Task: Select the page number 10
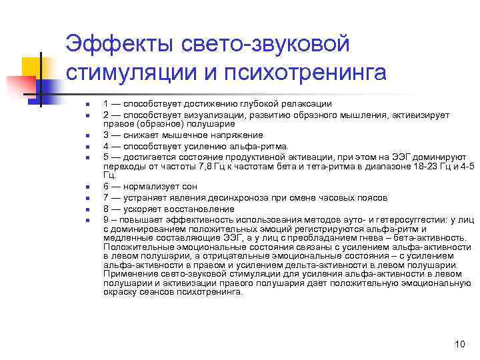[x=459, y=344]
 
